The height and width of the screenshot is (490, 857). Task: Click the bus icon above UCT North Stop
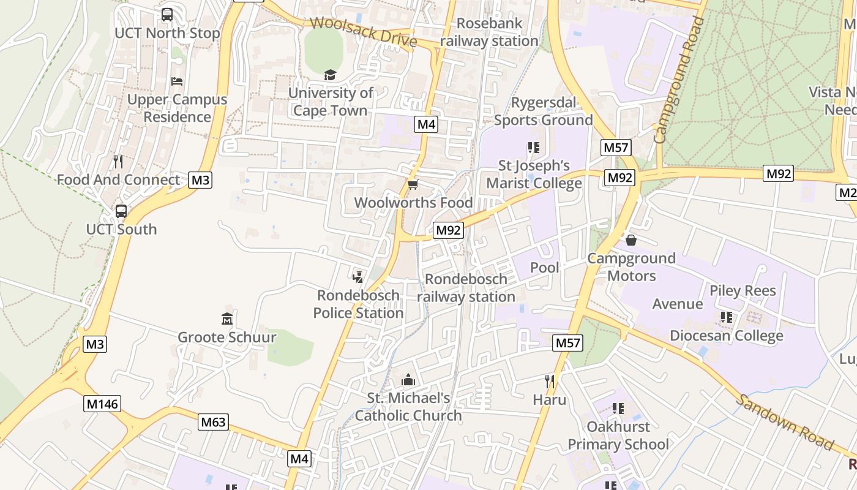(x=167, y=15)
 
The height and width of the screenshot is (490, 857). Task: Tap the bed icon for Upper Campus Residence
(x=177, y=81)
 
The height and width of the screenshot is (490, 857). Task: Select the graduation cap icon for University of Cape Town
(x=331, y=75)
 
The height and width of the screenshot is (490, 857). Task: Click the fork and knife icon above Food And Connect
(x=118, y=162)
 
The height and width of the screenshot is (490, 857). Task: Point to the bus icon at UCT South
(x=121, y=211)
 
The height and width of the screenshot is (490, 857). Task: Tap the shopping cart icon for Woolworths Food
(x=413, y=184)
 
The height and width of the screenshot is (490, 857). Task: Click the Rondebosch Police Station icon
(x=358, y=277)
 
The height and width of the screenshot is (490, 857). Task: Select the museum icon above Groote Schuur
(x=227, y=318)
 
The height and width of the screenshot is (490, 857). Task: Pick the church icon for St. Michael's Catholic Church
(x=408, y=380)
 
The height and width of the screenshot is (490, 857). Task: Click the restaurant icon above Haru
(x=550, y=382)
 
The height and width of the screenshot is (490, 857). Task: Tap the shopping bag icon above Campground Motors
(x=631, y=240)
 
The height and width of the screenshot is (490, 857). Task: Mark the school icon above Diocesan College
(x=727, y=317)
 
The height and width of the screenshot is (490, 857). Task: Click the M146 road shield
(x=102, y=404)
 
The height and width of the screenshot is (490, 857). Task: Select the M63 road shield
(x=214, y=422)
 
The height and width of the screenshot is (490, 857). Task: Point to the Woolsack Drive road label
(x=364, y=32)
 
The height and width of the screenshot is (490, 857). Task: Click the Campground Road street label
(x=679, y=80)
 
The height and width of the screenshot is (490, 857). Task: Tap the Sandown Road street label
(x=784, y=423)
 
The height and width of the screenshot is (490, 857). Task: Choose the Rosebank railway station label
(x=489, y=32)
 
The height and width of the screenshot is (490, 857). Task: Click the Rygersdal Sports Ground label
(x=544, y=111)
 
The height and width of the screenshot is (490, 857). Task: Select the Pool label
(x=544, y=268)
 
